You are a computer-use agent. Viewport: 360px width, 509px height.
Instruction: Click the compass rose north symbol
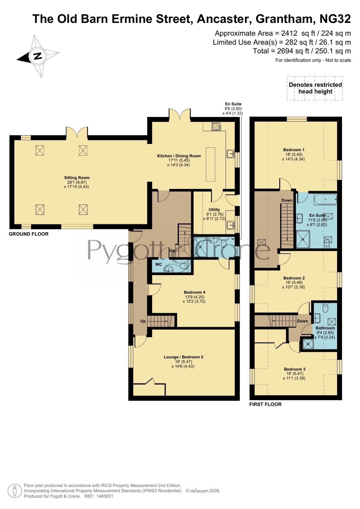[38, 56]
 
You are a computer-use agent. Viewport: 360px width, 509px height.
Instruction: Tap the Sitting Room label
[77, 177]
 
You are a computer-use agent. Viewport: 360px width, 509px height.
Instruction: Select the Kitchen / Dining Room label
[179, 156]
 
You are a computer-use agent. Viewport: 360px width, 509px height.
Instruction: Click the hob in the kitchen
[216, 126]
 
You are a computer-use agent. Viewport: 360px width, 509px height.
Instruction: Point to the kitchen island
[211, 164]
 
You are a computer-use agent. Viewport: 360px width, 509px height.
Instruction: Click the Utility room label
[214, 209]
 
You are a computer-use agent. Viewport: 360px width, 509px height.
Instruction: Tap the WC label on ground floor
[159, 264]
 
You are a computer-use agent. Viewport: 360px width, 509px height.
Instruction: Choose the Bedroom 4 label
[194, 292]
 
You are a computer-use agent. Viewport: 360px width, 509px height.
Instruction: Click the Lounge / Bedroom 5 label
[183, 357]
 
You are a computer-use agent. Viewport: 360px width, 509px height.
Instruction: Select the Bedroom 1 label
[294, 150]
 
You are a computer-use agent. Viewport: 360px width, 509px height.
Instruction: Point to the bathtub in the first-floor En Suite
[325, 200]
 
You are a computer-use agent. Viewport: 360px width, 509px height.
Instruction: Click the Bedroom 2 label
[294, 278]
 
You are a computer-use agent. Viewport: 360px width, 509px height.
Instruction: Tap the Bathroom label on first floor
[325, 328]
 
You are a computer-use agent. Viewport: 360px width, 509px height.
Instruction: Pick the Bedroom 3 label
[295, 369]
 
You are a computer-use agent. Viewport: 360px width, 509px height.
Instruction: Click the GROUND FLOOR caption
[29, 234]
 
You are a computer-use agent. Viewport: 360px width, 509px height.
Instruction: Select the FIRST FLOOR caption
[265, 404]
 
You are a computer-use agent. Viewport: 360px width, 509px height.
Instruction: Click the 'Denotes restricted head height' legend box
[315, 88]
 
